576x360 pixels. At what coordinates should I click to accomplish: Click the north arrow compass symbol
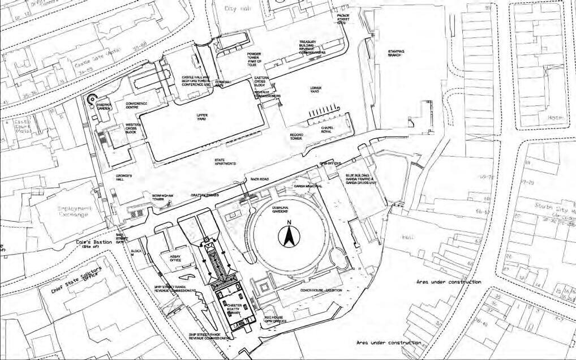pos(287,235)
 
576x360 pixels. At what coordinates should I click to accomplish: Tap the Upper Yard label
pos(202,117)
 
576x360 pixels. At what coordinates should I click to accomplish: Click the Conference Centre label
pos(136,105)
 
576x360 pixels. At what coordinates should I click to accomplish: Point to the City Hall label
pos(237,8)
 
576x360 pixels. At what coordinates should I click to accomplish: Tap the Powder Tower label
pos(253,59)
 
